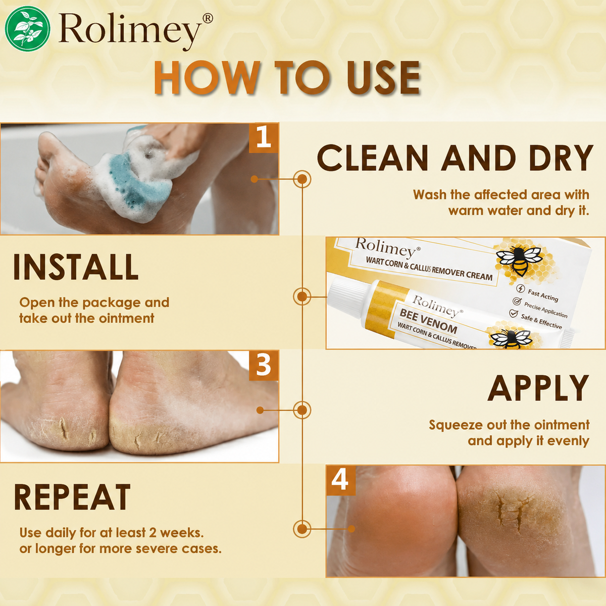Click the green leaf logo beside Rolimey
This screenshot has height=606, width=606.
tap(27, 29)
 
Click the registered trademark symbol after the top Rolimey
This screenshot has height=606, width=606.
tap(208, 19)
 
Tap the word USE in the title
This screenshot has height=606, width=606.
tap(383, 78)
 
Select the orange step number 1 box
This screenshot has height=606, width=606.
tap(264, 138)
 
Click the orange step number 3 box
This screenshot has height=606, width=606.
tap(264, 366)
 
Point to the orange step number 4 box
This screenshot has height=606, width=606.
tap(340, 481)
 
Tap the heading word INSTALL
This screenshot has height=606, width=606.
tap(75, 267)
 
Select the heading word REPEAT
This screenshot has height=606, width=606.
tap(72, 497)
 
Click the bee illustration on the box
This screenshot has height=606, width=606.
tap(519, 260)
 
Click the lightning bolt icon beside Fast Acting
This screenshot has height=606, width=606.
tap(521, 288)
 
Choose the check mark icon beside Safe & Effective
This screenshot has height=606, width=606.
tap(513, 313)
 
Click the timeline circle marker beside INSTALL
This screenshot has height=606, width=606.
tap(302, 296)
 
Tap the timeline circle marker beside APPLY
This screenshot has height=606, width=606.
tap(302, 410)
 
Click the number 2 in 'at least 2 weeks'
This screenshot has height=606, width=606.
tap(153, 533)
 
